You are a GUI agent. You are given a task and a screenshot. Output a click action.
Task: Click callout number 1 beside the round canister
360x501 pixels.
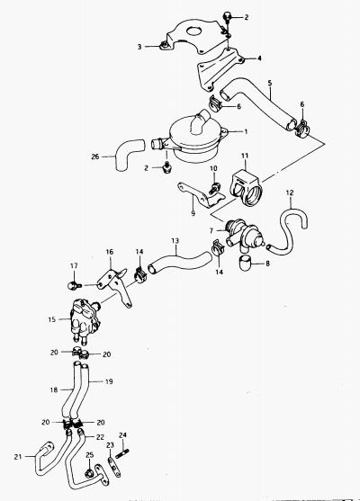246,131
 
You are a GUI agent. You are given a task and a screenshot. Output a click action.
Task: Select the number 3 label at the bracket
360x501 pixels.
139,47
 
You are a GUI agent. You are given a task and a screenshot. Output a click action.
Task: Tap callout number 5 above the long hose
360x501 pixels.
270,83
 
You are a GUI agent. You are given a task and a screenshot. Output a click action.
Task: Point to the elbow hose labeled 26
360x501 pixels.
129,155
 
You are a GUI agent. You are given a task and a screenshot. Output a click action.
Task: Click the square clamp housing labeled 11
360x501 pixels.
246,190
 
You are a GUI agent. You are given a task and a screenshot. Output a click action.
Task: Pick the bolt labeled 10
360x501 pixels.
214,188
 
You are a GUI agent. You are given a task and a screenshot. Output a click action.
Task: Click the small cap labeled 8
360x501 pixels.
245,263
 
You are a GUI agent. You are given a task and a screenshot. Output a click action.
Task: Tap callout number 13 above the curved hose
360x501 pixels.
175,241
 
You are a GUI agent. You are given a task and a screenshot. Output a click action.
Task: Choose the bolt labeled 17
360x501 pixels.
75,285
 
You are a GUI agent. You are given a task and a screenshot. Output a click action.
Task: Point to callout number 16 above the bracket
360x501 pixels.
109,252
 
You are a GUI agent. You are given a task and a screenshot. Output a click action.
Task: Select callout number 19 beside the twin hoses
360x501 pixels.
109,381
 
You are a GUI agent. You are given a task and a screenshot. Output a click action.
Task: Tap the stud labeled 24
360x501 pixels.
122,453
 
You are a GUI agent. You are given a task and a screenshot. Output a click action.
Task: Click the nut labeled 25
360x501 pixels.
89,473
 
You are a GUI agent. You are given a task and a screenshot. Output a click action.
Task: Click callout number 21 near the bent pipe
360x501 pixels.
18,457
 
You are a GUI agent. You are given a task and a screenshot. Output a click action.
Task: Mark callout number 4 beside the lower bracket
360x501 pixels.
259,58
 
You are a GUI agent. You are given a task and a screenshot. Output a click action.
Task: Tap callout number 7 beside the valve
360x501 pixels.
211,230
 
